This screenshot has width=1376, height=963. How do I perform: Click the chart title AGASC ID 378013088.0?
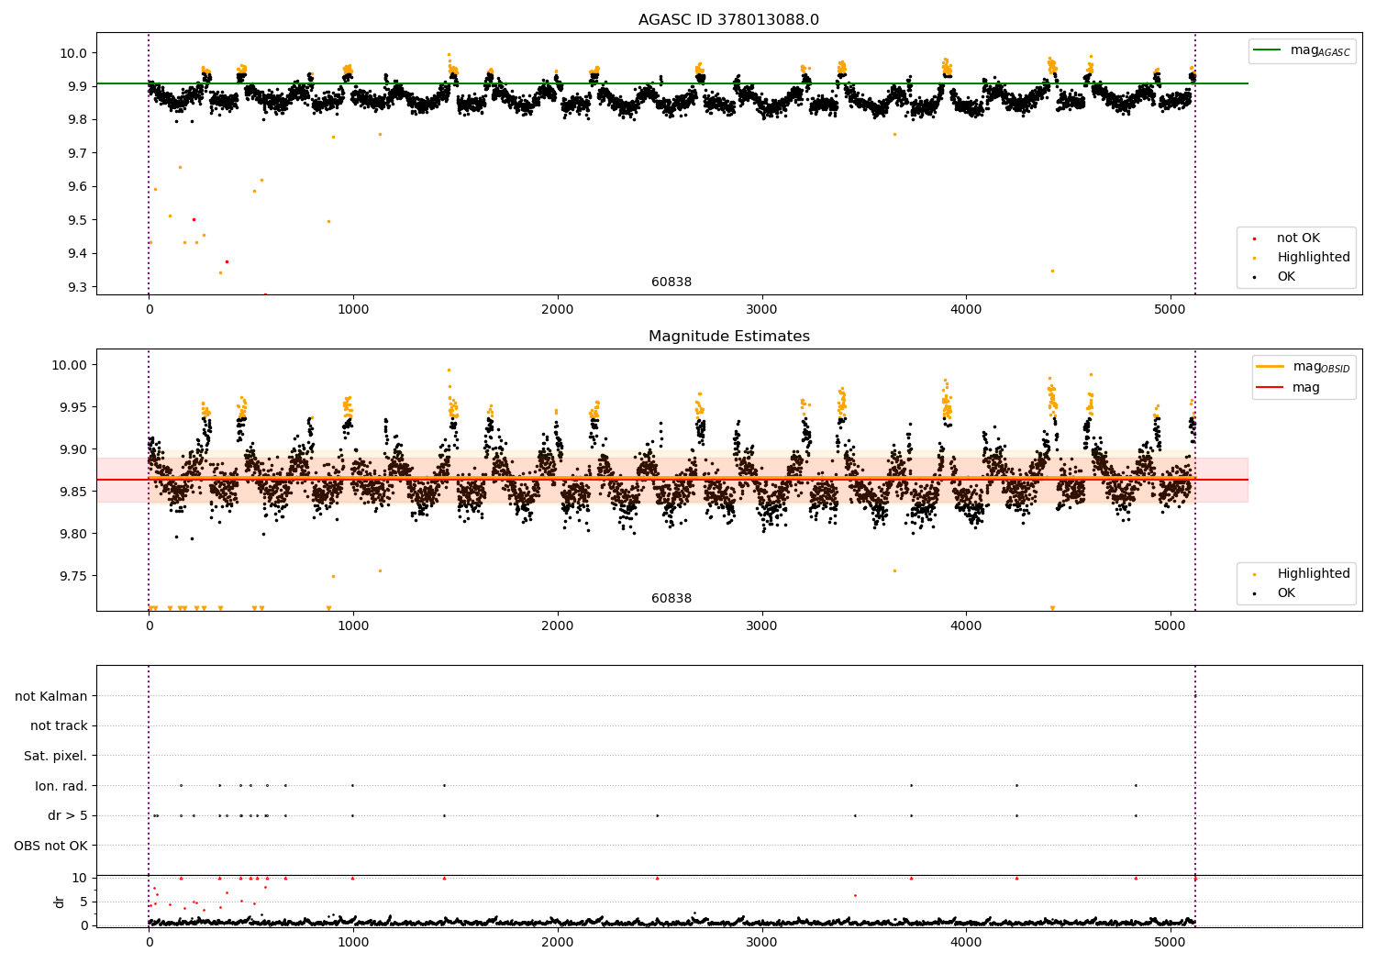click(728, 20)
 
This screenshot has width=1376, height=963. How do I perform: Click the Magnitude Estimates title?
click(728, 337)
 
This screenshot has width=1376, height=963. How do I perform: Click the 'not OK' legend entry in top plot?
click(1298, 238)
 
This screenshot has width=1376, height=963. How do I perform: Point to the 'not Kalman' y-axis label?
click(51, 696)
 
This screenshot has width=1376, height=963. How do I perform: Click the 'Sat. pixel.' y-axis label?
click(55, 756)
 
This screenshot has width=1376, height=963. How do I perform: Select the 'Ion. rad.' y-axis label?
click(61, 786)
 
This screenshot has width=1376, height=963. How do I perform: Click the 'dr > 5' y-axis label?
click(67, 815)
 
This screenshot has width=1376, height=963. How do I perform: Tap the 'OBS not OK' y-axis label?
click(50, 846)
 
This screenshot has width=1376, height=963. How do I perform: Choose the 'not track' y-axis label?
click(59, 725)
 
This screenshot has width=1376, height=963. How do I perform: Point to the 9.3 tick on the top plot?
click(75, 287)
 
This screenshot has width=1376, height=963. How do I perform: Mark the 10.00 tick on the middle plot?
click(69, 365)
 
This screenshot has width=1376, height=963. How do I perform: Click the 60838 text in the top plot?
click(671, 282)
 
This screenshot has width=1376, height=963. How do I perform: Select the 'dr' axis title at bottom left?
click(60, 902)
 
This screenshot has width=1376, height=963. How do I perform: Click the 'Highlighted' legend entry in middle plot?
click(1313, 574)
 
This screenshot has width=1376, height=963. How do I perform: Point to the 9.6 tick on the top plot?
click(75, 186)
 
